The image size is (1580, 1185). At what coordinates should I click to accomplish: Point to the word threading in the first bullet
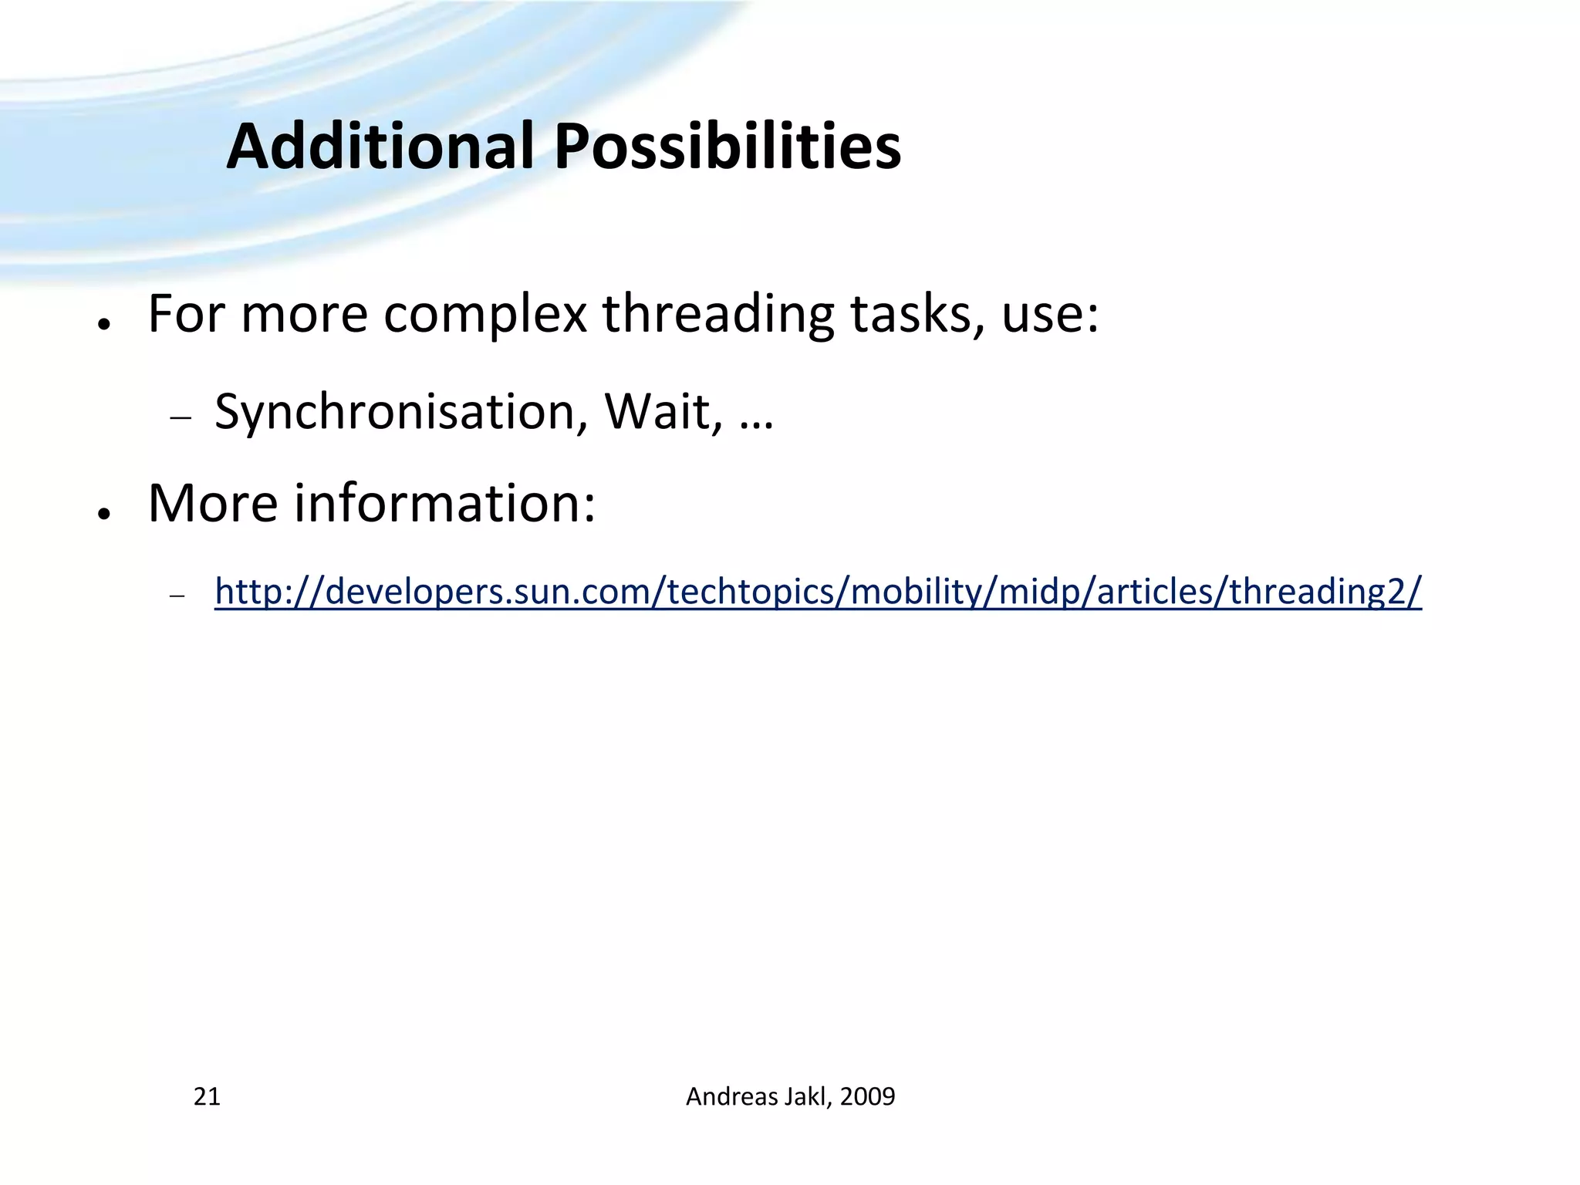pos(717,316)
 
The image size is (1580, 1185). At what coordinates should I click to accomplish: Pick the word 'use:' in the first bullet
pos(1050,316)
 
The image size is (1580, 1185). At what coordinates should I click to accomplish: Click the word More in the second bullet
pos(213,504)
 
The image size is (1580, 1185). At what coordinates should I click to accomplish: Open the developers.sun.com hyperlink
pos(818,592)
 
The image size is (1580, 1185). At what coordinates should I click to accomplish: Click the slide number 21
pos(207,1096)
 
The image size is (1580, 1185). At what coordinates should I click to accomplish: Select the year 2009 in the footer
pos(867,1096)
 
